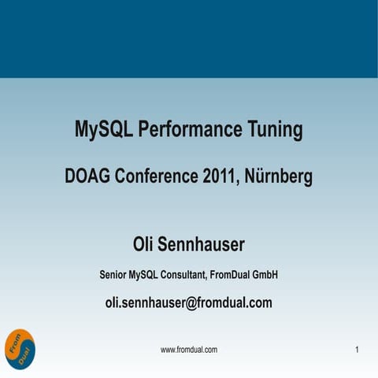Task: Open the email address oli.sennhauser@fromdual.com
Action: click(x=189, y=302)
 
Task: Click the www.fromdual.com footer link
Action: click(x=189, y=349)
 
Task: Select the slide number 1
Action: click(x=358, y=349)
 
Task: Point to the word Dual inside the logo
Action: click(x=23, y=354)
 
